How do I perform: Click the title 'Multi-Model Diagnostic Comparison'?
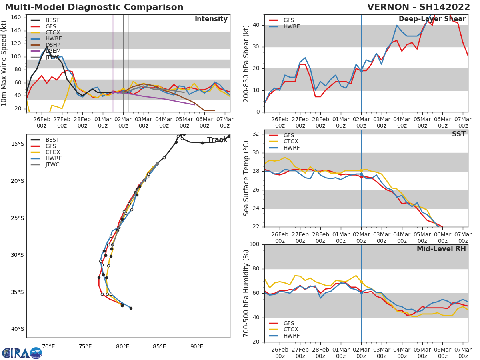(x=94, y=7)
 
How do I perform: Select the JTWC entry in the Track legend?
(x=52, y=165)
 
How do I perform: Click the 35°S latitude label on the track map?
(x=17, y=292)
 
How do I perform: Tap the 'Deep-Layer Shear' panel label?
(x=432, y=19)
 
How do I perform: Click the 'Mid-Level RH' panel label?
(x=441, y=249)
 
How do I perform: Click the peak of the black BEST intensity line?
(x=47, y=47)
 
